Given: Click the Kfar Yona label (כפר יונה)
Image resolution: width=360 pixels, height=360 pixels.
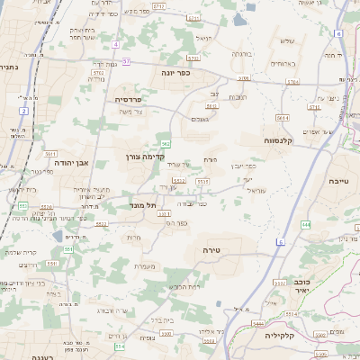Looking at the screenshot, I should coord(180,72).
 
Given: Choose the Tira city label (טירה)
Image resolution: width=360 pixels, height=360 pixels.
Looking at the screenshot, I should coord(212,248).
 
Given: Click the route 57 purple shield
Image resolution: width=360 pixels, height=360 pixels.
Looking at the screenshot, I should coord(127,61).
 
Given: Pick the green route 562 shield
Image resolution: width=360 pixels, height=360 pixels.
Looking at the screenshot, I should coord(166,143).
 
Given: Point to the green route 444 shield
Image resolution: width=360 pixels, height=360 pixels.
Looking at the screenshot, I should coord(306,224).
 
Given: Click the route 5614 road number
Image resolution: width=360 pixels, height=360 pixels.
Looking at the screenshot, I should coord(283,117).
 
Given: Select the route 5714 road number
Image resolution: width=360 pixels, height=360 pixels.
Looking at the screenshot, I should coord(292,81).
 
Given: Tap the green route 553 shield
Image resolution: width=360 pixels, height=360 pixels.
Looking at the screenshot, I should coord(22,205).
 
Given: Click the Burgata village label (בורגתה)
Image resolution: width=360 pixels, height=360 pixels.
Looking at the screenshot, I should coord(242,54).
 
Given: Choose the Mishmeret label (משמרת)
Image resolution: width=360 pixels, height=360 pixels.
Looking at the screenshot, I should coord(144,265).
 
